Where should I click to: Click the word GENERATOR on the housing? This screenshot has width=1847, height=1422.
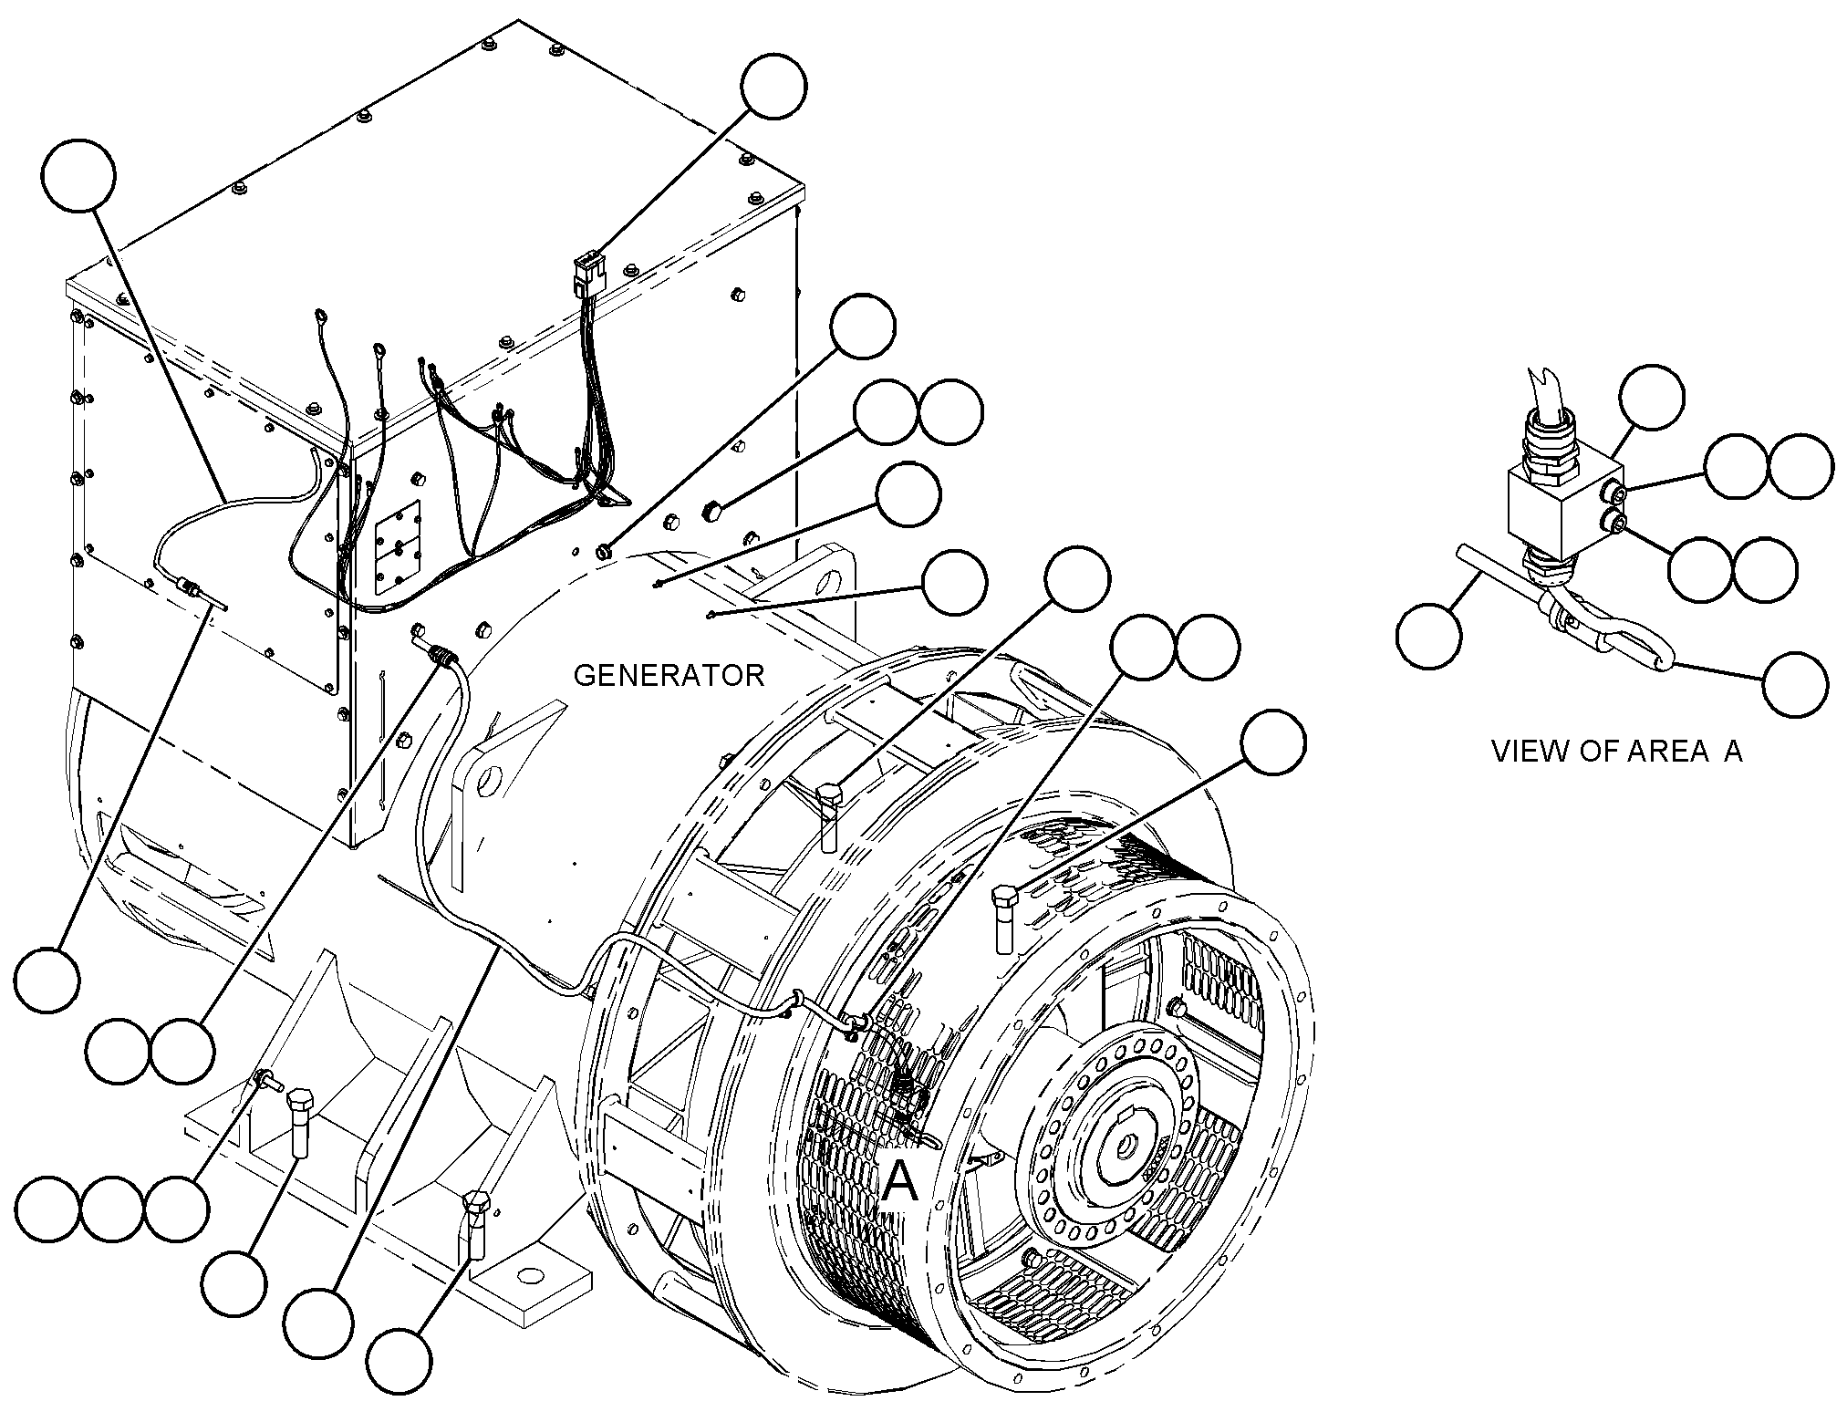tap(669, 675)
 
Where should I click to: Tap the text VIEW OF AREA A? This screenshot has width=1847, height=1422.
tap(1616, 751)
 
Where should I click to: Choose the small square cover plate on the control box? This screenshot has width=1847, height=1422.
tap(399, 545)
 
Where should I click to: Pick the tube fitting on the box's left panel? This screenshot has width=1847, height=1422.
tap(189, 586)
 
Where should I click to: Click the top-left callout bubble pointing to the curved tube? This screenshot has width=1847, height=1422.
tap(78, 175)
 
